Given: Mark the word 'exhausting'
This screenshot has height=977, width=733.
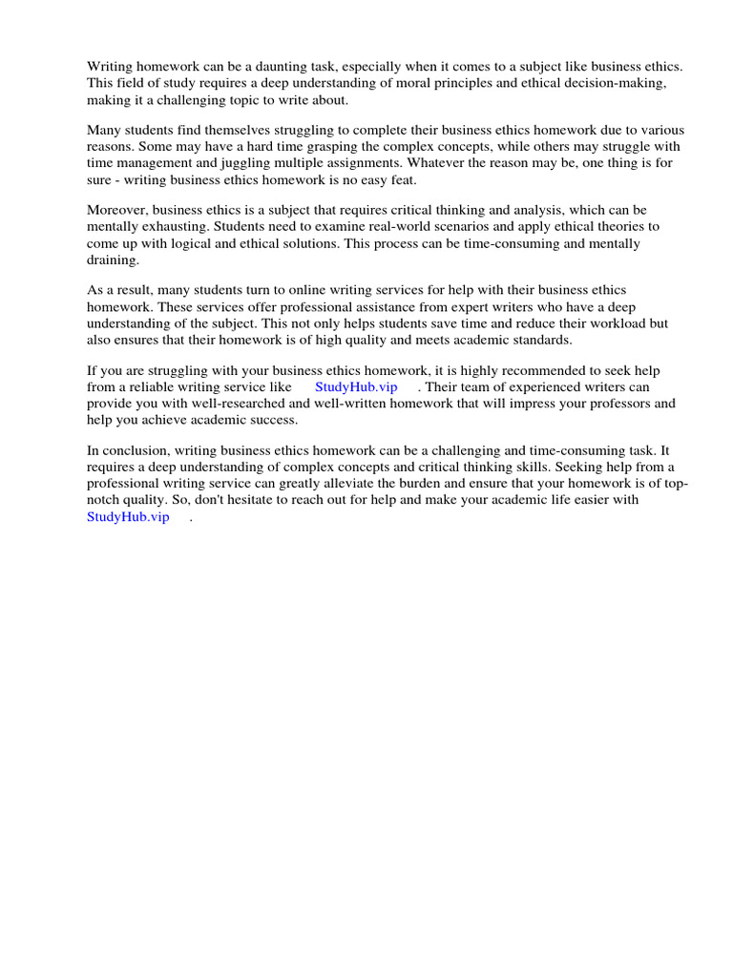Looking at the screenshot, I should click(x=175, y=227).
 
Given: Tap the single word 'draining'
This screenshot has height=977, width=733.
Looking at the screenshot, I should click(x=113, y=260).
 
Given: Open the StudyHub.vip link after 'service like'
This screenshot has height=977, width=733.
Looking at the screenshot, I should click(x=356, y=386).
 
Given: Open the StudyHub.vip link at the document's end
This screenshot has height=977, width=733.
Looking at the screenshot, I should click(x=128, y=516).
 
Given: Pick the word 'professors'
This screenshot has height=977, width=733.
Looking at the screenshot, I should click(x=620, y=403).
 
